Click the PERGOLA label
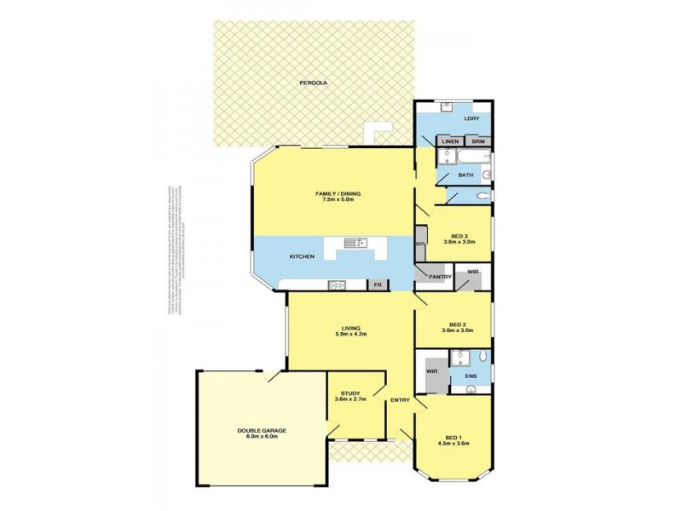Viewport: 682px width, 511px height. coord(313,83)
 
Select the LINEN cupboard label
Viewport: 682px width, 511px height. coord(450,141)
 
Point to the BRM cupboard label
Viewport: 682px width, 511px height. coord(478,141)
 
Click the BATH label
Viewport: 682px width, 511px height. coord(465,175)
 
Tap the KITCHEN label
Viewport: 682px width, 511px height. coord(302,256)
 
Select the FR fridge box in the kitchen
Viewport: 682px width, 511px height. coord(376,284)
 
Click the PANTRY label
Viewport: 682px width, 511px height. coord(440,277)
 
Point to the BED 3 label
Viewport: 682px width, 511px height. coord(459,236)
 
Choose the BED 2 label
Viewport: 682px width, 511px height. coord(458,324)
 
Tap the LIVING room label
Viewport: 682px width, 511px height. coord(350,327)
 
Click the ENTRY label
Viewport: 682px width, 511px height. coord(400,400)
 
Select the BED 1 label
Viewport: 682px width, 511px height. coord(453,435)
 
